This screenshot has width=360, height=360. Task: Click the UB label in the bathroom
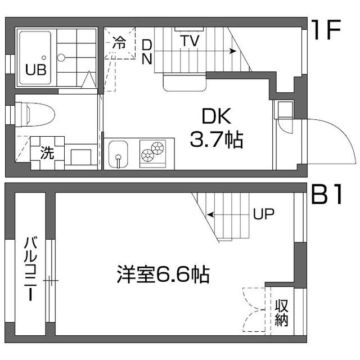[x=36, y=70]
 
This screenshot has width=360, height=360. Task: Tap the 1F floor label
[x=326, y=30]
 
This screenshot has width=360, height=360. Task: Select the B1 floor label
[x=326, y=194]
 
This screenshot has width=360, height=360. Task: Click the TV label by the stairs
[x=190, y=40]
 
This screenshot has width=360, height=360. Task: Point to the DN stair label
[x=147, y=52]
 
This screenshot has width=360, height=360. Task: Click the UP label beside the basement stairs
[x=264, y=214]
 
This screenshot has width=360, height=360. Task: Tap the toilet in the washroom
[x=35, y=114]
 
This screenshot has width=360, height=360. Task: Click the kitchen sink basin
[x=118, y=154]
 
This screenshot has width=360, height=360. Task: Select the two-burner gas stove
[x=152, y=154]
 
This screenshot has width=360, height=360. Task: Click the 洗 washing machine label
[x=47, y=152]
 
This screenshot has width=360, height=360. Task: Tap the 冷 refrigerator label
[x=119, y=42]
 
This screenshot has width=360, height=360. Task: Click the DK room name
[x=217, y=116]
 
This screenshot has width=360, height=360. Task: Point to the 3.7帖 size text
[x=217, y=139]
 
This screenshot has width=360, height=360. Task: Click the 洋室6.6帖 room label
[x=163, y=274]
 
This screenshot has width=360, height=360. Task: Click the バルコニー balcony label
[x=30, y=269]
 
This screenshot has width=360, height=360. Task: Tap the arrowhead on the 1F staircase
[x=233, y=51]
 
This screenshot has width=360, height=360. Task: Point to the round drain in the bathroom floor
[x=61, y=57]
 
